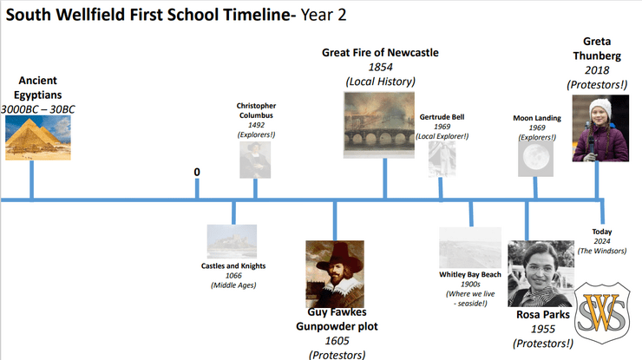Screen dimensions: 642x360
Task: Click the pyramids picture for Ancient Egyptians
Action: [x=38, y=138]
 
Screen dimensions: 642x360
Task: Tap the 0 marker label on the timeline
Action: [x=197, y=172]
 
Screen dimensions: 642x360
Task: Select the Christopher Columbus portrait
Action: [x=255, y=160]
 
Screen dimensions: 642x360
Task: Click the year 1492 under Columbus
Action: [x=256, y=125]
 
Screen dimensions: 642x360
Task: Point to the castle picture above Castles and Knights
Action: [x=232, y=241]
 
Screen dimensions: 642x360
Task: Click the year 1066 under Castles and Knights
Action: [x=233, y=276]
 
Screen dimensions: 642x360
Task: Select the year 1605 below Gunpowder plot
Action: [x=337, y=341]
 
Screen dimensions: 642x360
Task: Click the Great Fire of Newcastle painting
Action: [x=379, y=125]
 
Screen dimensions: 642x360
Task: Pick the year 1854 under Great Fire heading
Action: [x=380, y=67]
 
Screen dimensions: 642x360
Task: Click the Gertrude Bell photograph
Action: [x=442, y=160]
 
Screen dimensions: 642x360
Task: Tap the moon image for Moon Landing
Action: [x=535, y=159]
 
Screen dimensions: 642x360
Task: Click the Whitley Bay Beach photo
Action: [x=470, y=248]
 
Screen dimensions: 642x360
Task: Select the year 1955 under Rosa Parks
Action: [x=543, y=329]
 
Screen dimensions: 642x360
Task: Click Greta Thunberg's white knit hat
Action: [x=600, y=108]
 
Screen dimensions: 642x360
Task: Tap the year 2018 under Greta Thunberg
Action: [x=597, y=70]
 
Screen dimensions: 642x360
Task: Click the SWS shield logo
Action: [x=602, y=313]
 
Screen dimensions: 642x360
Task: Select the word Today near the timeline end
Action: [x=602, y=232]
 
